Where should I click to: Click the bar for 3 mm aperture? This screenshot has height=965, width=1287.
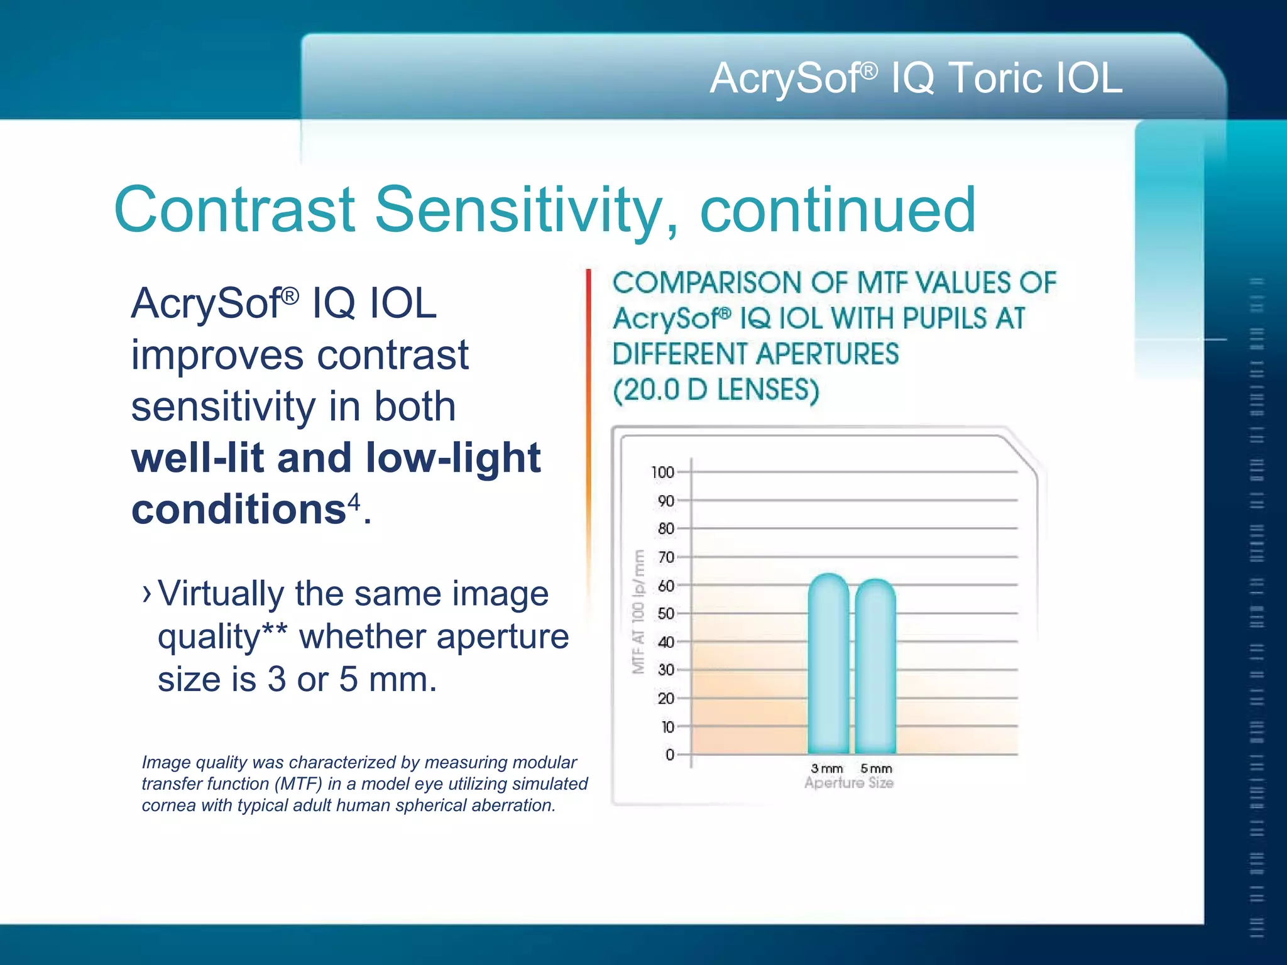coord(828,666)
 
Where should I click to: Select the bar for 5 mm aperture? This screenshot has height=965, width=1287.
coord(875,669)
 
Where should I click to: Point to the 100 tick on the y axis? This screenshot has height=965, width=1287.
coord(663,472)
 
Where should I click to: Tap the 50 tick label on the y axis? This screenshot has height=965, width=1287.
coord(665,614)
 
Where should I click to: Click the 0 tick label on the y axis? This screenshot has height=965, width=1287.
coord(670,755)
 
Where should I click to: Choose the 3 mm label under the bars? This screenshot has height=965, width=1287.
coord(826,768)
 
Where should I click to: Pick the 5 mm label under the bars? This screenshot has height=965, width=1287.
coord(876,768)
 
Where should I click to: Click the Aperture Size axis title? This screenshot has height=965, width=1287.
coord(848,783)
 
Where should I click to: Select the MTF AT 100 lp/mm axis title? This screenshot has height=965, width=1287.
coord(638,611)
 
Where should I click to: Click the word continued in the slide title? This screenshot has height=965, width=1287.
coord(838,210)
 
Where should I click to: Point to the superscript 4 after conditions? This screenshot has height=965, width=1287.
coord(354,501)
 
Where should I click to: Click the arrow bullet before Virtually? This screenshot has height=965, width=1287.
coord(147,593)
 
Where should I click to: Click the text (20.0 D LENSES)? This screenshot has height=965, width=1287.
coord(716,390)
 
